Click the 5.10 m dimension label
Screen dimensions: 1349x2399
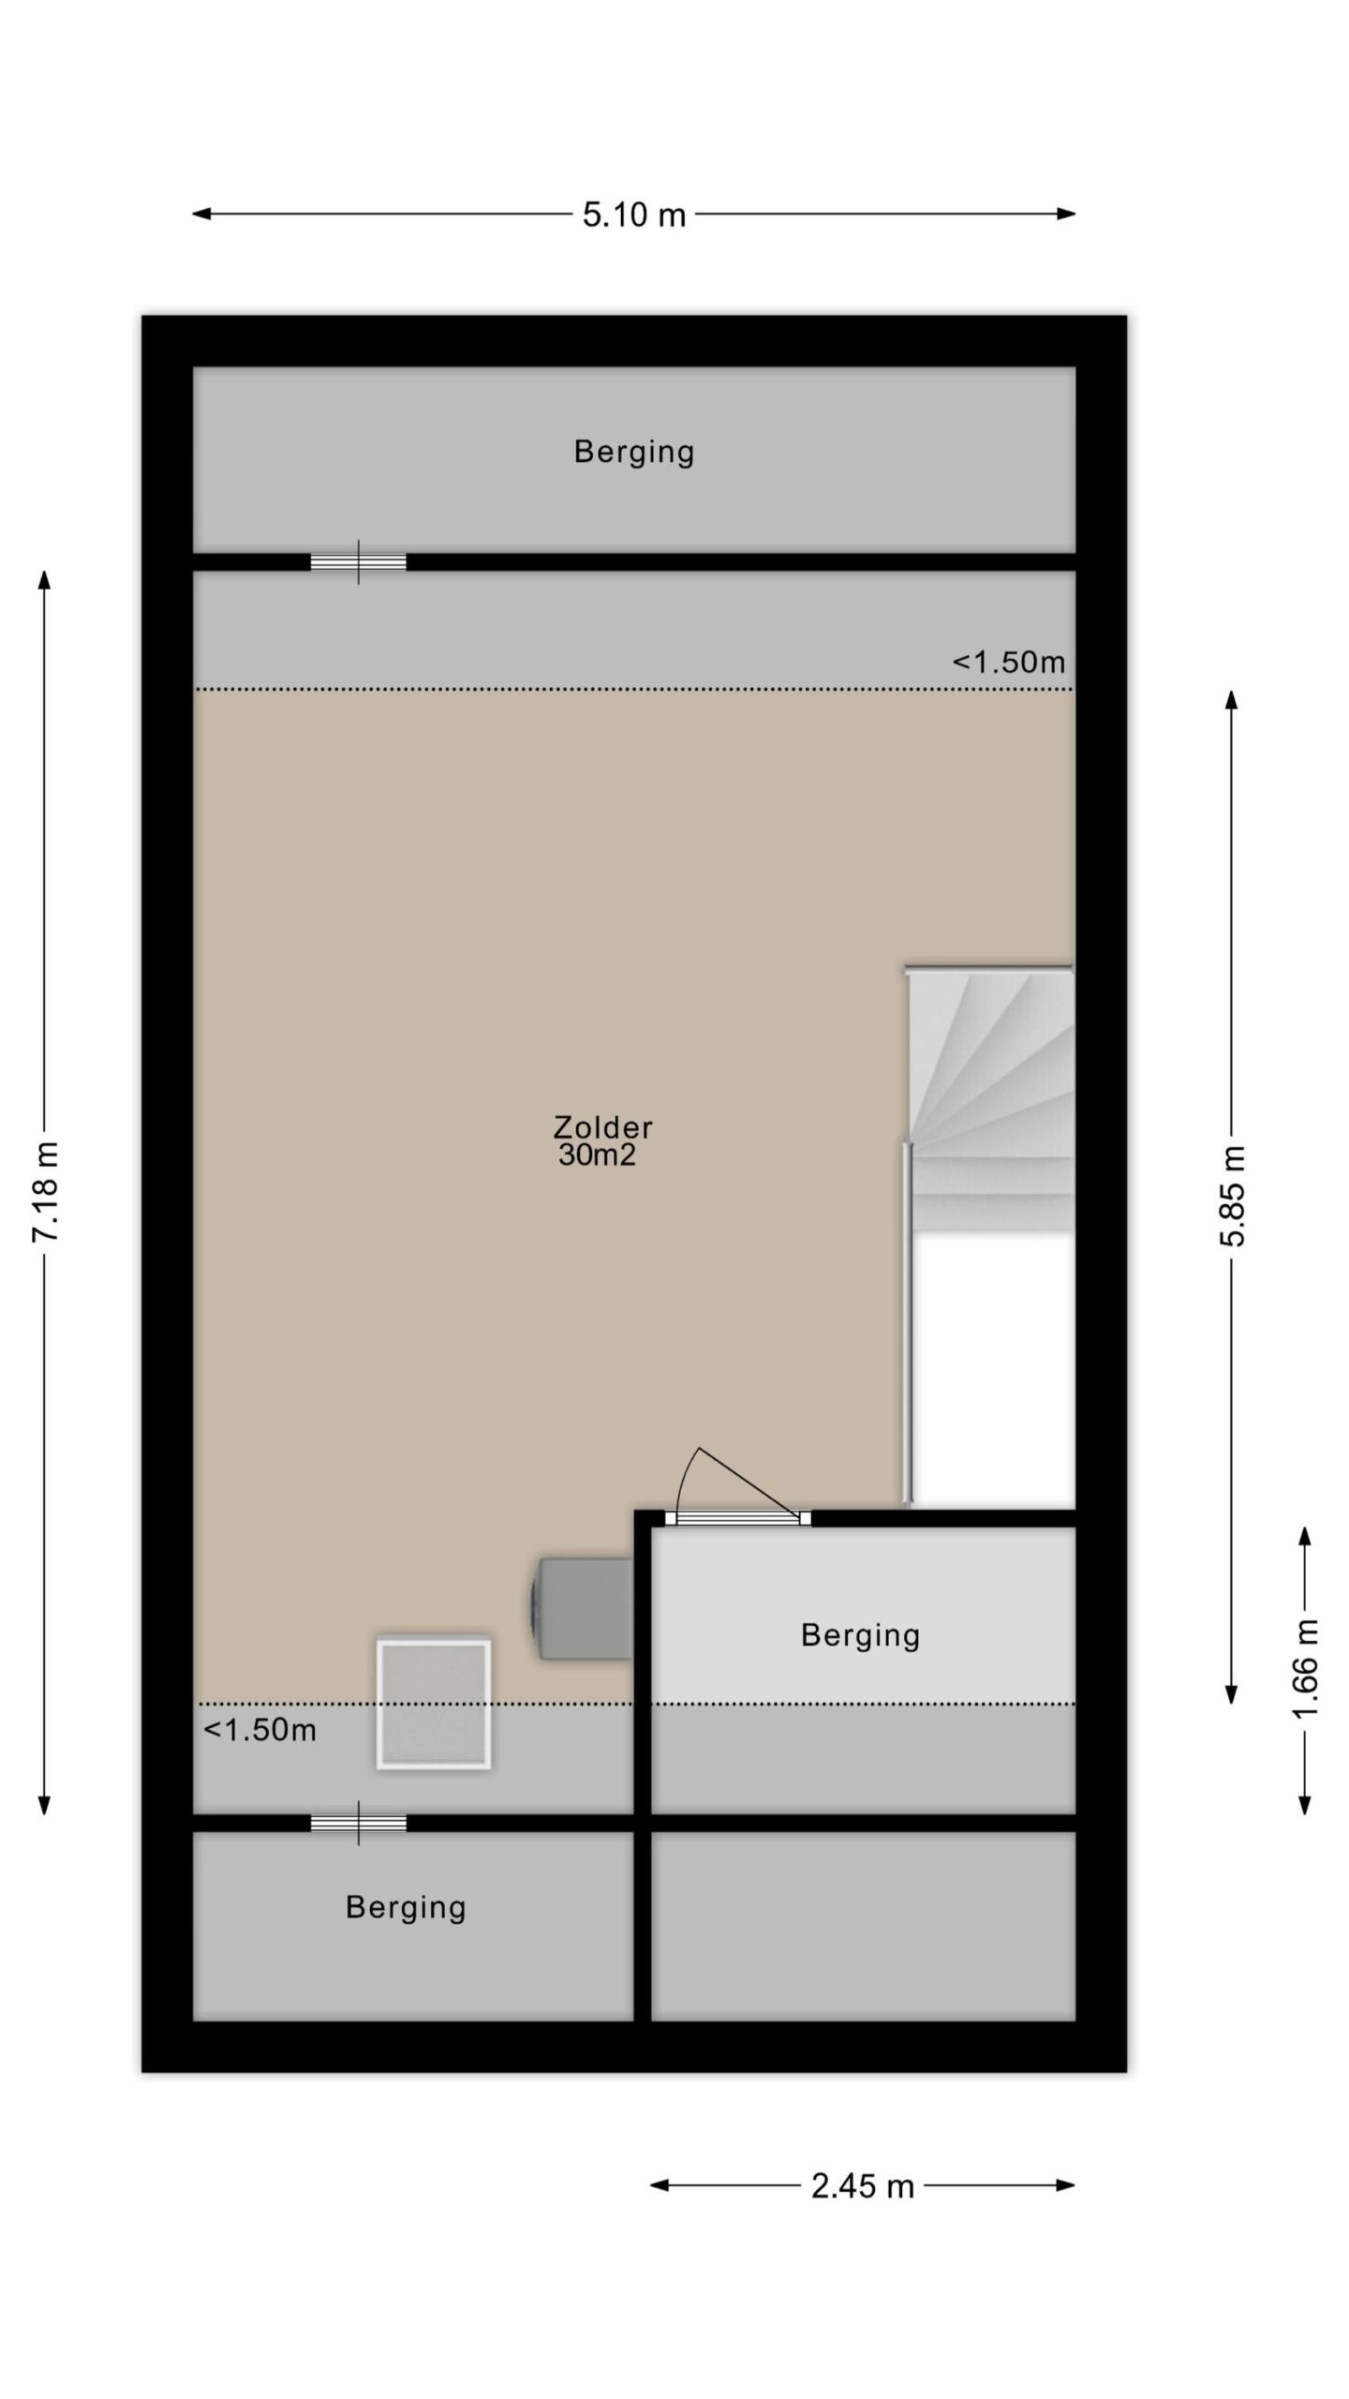pos(634,215)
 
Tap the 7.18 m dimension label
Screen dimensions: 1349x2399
pos(46,1192)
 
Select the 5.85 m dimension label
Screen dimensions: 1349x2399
pos(1233,1196)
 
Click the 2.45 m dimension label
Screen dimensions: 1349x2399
pos(862,2186)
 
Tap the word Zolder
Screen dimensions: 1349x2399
pos(602,1126)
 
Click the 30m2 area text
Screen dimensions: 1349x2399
pos(597,1155)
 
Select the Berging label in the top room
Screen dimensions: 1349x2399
pos(634,453)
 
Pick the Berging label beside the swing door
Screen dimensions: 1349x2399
pos(860,1635)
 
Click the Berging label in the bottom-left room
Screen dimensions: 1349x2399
pos(406,1907)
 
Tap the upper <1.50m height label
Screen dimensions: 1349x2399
pos(1009,663)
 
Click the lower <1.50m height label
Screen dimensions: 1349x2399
pos(259,1730)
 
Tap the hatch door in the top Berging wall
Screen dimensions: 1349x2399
pos(359,562)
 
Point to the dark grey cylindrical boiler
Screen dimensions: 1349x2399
pos(582,1609)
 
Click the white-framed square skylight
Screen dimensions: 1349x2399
pos(434,1704)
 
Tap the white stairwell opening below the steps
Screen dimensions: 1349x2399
pos(993,1370)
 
